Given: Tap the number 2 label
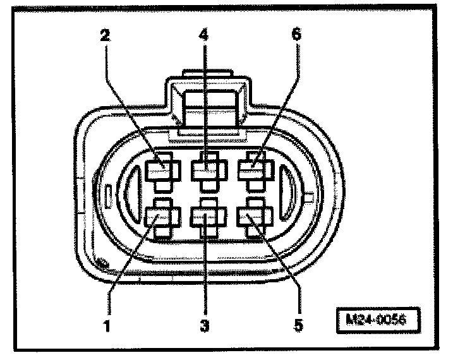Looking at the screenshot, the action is (x=105, y=34).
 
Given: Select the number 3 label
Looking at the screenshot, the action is (x=204, y=326).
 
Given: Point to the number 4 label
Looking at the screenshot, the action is (x=203, y=33).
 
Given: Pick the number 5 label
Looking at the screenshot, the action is (x=299, y=326).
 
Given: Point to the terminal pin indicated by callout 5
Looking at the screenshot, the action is (x=251, y=218).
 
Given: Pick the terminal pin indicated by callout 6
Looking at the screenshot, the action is (x=251, y=170).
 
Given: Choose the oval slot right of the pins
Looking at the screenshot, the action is (x=286, y=193).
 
